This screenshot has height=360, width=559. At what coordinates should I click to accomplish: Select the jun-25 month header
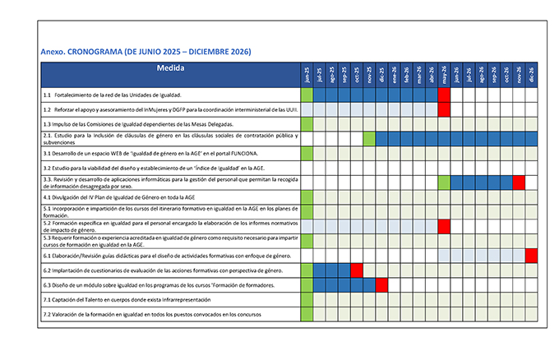coord(307,75)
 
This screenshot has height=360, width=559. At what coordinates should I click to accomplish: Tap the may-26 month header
coord(444,75)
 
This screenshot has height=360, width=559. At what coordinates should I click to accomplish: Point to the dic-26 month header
coord(531,75)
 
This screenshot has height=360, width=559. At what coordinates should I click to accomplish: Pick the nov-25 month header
coord(369,75)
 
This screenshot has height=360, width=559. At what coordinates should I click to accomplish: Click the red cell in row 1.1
coord(444,95)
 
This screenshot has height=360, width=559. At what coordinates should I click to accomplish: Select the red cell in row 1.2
coord(444,108)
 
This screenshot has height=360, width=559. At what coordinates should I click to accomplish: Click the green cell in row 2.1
coord(369,137)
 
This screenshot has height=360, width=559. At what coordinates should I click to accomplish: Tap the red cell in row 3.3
coord(519,182)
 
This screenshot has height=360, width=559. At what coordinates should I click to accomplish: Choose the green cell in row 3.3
coord(444,182)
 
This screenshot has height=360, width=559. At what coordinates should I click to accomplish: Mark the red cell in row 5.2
coord(444,225)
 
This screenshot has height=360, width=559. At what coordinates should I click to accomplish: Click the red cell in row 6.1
coord(531,255)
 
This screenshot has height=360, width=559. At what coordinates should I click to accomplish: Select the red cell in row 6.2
coord(357,270)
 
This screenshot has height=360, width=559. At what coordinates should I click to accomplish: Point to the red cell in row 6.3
coord(381,284)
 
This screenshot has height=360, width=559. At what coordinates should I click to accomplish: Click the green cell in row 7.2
coord(307,314)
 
